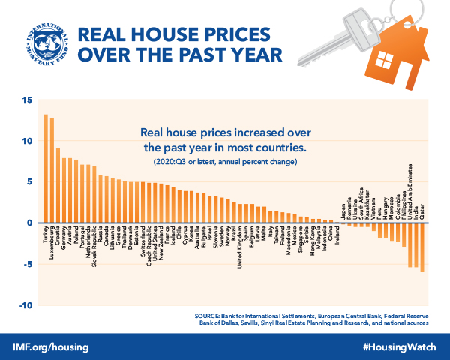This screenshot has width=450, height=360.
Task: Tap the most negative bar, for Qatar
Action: [423, 247]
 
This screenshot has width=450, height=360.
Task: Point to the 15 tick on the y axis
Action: [27, 100]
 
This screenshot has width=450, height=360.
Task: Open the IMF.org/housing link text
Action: [51, 347]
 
